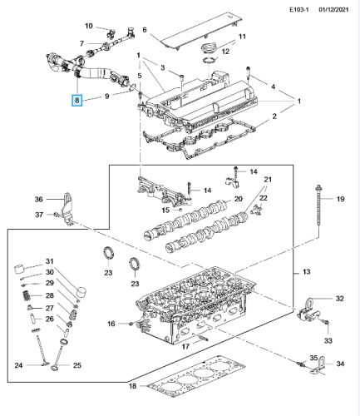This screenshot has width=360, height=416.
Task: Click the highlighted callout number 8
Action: point(77,101)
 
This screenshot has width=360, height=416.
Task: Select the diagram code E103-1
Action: point(299,10)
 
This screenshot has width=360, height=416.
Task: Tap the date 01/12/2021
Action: point(333,10)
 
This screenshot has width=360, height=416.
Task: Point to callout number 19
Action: point(340,199)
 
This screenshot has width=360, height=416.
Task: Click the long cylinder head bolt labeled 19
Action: point(318,210)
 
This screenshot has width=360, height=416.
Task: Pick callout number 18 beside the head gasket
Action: point(132,386)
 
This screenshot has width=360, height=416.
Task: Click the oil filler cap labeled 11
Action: point(208,47)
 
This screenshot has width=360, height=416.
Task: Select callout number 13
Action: point(306,272)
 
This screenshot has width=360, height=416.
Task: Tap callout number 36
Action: point(39,199)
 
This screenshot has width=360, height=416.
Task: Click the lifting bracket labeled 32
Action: point(308,310)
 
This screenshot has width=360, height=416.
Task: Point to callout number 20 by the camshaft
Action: point(239,199)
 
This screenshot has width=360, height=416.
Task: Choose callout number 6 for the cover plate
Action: point(145,30)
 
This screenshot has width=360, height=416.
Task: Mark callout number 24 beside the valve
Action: point(18,365)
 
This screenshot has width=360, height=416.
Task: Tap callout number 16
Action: point(111,324)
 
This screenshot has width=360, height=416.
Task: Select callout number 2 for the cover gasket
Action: point(274,116)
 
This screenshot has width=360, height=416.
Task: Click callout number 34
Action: point(340,364)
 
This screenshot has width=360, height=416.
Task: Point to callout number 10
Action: point(89,26)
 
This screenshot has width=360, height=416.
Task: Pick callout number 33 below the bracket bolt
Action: point(328,340)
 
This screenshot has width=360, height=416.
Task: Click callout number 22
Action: point(264,198)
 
